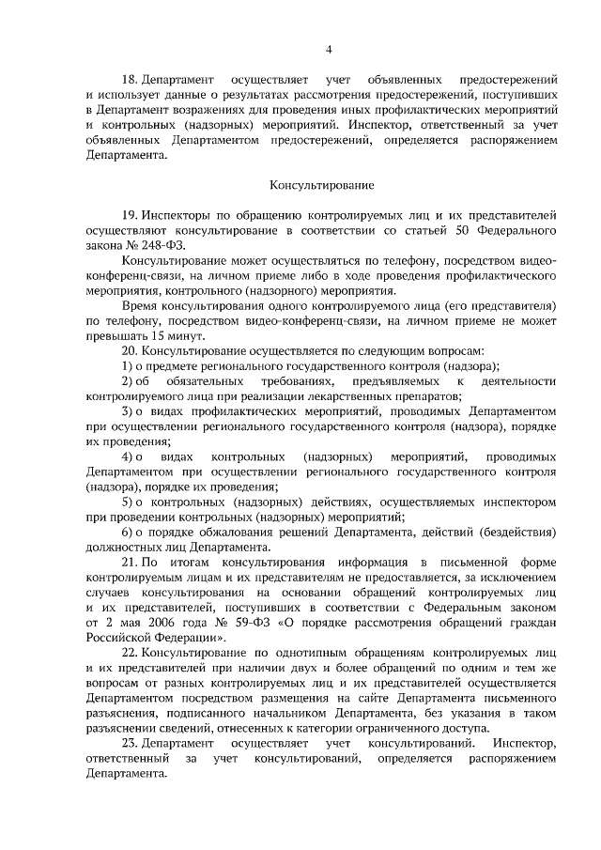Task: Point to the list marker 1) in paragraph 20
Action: (x=129, y=365)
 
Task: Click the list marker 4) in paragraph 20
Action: (x=129, y=456)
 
